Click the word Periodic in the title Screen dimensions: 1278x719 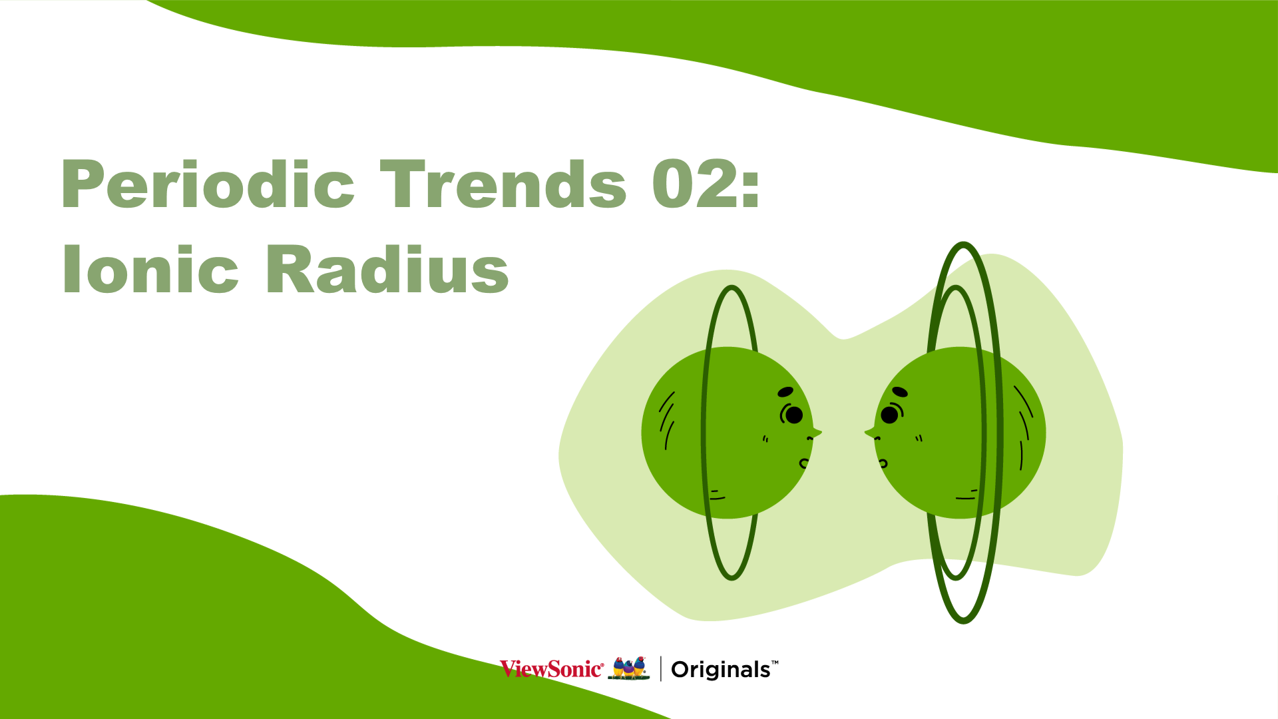[x=208, y=184]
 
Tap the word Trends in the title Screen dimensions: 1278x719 [x=503, y=184]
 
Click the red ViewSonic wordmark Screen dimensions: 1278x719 [x=552, y=668]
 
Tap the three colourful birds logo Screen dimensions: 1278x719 [x=629, y=668]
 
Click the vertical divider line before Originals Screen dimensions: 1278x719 [x=660, y=668]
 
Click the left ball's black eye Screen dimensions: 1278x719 [x=794, y=415]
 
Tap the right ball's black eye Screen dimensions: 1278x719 [x=889, y=415]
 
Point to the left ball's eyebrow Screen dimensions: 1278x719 [x=785, y=391]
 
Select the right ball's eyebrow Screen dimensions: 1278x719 [x=900, y=391]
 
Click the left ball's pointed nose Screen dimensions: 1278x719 [x=816, y=433]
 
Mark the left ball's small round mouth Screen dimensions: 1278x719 [x=804, y=463]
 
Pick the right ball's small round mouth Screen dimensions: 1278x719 [x=883, y=463]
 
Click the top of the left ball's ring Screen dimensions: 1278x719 [x=732, y=288]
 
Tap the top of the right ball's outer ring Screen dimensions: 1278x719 [x=963, y=244]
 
